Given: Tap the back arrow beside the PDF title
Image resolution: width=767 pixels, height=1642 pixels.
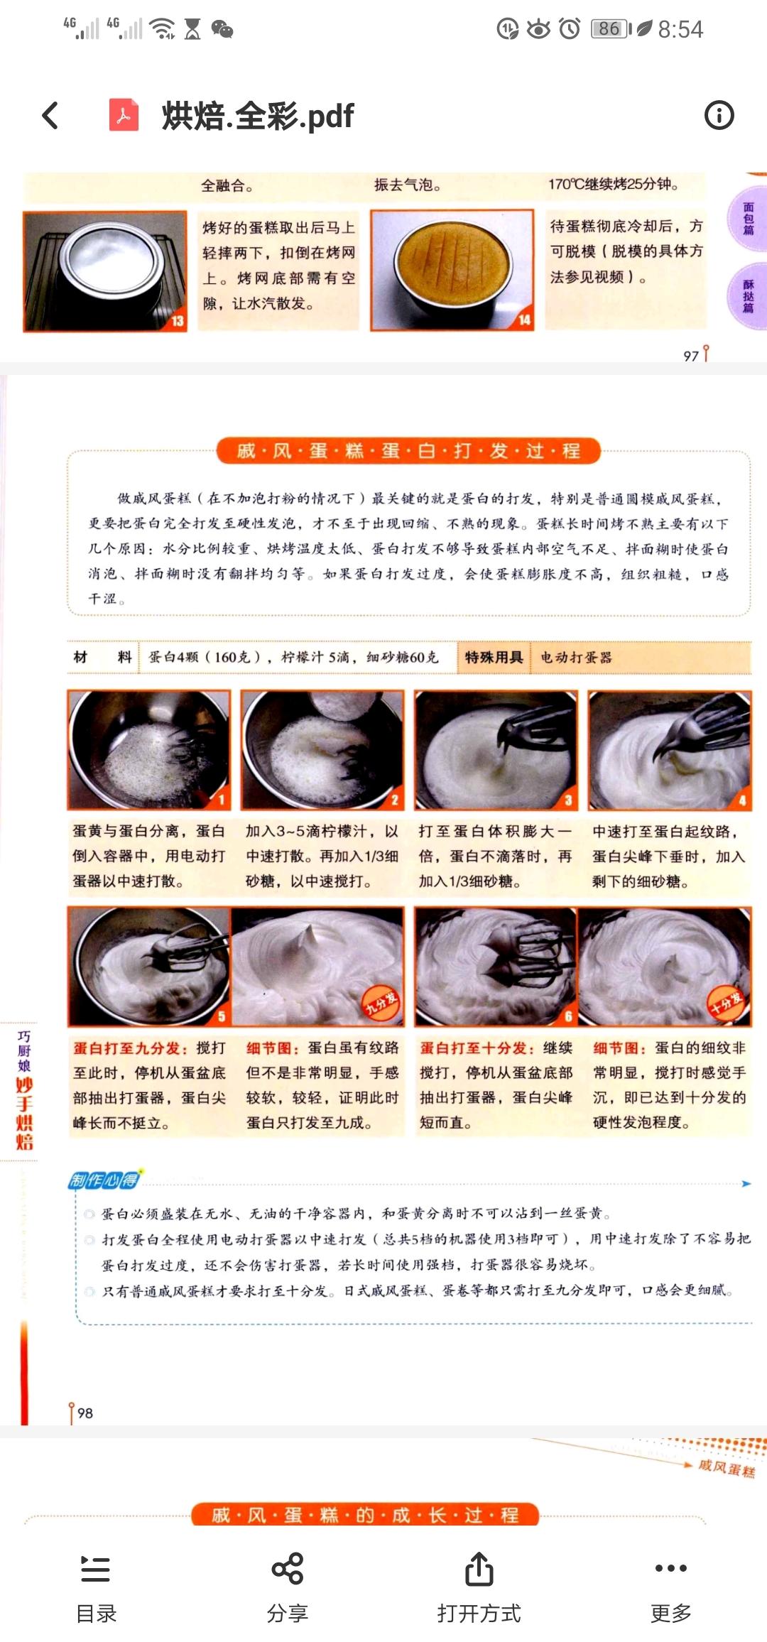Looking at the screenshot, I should (x=50, y=115).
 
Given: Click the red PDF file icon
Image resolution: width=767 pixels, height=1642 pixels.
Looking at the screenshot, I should (x=124, y=115).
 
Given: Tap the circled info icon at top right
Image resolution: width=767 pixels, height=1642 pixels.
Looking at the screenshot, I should (x=719, y=115).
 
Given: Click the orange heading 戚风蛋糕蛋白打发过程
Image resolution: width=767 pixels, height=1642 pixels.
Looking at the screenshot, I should (x=408, y=451).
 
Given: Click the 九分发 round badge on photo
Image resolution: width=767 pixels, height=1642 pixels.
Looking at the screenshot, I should (x=381, y=1003).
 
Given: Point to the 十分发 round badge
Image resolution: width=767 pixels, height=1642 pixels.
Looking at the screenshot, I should (x=726, y=1001).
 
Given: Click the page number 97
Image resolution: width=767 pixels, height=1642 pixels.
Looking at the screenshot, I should (x=691, y=356).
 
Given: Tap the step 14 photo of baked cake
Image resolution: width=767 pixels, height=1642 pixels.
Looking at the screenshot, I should (x=452, y=270).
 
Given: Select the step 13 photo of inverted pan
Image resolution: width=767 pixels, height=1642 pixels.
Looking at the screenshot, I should (x=105, y=270).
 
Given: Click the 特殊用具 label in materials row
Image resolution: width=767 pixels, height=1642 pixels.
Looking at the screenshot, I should (x=494, y=657).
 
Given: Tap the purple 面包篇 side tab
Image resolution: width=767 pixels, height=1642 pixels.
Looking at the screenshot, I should (x=749, y=217).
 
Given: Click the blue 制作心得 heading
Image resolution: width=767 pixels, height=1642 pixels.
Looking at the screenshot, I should (x=104, y=1180).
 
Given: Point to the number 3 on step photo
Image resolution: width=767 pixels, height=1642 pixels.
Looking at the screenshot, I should (x=568, y=800).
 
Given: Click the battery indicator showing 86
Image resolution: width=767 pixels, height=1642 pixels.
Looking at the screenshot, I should (x=609, y=29).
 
